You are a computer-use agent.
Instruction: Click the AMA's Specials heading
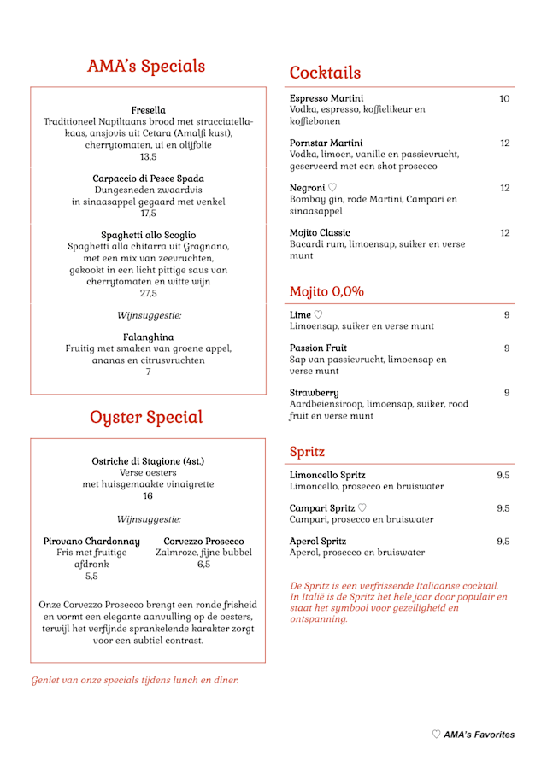tap(146, 67)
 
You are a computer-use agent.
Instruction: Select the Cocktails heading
tap(325, 73)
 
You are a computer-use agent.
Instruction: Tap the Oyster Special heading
tap(146, 417)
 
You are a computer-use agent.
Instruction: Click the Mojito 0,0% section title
tap(326, 291)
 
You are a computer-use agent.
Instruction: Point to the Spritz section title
tap(307, 451)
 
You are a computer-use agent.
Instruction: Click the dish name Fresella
tap(148, 110)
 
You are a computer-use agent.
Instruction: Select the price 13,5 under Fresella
tap(148, 156)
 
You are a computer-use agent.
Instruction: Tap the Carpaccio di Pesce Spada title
tap(148, 179)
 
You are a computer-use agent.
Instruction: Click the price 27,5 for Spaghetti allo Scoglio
tap(148, 293)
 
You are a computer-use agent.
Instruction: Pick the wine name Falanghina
tap(148, 337)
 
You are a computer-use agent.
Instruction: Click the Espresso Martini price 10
tap(504, 98)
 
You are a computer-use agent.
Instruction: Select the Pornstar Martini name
tap(326, 143)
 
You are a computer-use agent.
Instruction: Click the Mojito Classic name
tap(320, 232)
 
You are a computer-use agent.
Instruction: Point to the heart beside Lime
tap(318, 315)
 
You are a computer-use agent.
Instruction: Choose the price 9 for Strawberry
tap(506, 393)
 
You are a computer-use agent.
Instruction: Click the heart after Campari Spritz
tap(362, 508)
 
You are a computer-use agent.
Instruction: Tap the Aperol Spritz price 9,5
tap(503, 541)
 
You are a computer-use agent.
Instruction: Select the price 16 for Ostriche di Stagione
tap(148, 495)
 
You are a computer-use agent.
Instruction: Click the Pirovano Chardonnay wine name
tap(91, 541)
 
